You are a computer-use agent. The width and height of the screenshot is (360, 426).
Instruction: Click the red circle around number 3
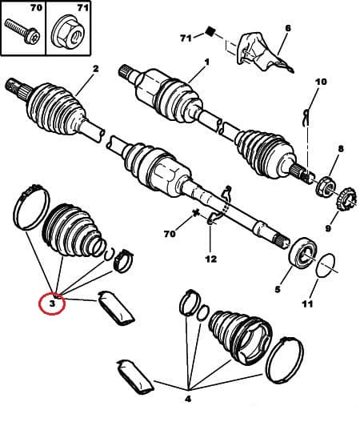pos(52,303)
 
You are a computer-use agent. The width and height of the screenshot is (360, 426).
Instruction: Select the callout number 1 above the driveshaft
pos(206,62)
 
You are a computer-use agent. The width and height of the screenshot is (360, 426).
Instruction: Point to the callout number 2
pos(94,70)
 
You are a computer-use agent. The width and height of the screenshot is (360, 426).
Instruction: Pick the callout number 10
pos(321,82)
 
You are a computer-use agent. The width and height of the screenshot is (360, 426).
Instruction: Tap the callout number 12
pos(210,259)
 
